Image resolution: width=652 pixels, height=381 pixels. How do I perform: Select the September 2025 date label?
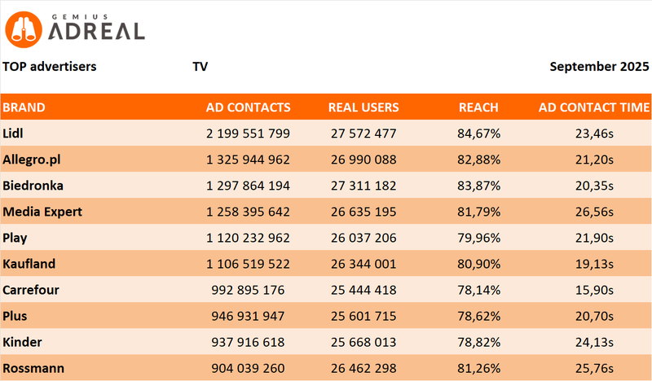(600, 66)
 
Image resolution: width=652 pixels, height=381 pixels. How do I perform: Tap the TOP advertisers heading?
(49, 66)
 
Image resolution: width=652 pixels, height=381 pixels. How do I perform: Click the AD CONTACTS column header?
(248, 107)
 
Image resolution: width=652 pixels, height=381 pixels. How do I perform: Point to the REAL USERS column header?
(363, 107)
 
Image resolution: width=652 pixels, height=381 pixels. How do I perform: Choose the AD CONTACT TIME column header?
(594, 107)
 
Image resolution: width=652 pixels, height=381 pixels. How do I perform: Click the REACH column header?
(478, 107)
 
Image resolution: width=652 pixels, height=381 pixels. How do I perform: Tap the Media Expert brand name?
(42, 212)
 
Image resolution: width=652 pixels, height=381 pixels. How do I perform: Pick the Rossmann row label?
(33, 368)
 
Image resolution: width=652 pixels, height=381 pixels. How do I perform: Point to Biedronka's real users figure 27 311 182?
(364, 185)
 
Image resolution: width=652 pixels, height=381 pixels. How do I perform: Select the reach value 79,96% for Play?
(478, 238)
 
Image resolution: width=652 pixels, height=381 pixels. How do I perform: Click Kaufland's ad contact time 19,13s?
(594, 264)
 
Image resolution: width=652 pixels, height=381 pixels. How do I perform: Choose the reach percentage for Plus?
(478, 316)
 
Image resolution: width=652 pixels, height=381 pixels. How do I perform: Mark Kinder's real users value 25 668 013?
(364, 342)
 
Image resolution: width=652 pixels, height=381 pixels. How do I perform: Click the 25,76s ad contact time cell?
(594, 368)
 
